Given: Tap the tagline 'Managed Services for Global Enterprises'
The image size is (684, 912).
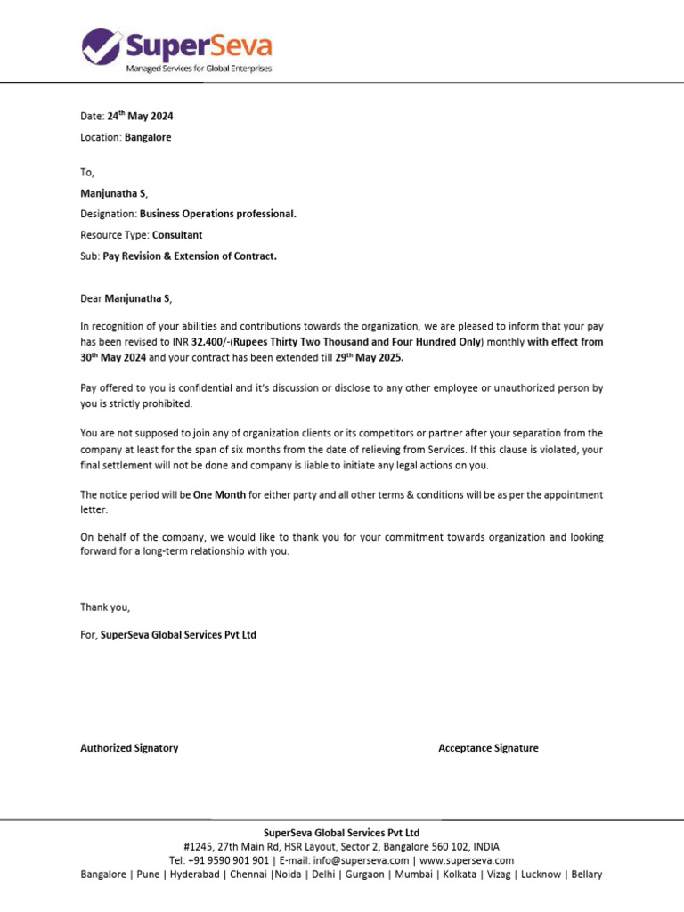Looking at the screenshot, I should coord(199,69).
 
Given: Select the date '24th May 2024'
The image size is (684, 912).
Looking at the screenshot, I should coord(147,116).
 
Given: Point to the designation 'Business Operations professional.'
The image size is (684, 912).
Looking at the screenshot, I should coord(218,215).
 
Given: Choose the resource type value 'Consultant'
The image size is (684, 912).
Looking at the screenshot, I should coord(177,235).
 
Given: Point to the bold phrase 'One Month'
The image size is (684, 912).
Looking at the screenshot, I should coord(219,494).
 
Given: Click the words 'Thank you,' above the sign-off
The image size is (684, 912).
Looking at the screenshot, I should coord(105,607).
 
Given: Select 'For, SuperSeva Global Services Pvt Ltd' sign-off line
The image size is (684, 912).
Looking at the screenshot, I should coord(168,635).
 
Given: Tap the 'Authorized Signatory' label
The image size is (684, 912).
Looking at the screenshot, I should coord(129,748).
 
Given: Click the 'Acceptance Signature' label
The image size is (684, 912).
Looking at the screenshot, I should coord(488,748).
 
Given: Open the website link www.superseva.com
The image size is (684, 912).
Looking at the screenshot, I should coord(467,860).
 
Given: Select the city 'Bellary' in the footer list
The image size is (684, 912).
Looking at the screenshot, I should coord(586,875).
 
